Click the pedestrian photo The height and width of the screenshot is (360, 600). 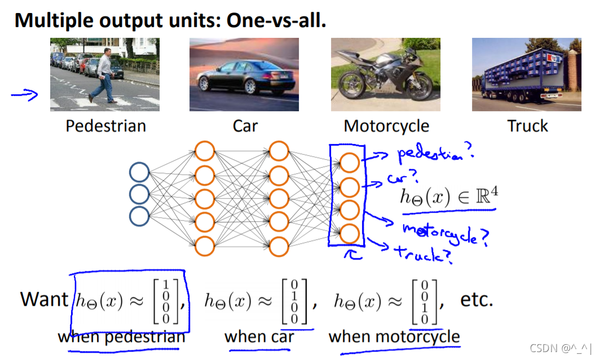click(104, 74)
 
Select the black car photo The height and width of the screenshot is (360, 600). click(243, 74)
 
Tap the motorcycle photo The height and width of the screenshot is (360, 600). click(386, 74)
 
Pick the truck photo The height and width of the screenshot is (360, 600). click(526, 74)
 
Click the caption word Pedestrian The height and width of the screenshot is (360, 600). click(105, 125)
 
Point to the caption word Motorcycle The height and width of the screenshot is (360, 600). click(386, 126)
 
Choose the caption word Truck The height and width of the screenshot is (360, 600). click(527, 125)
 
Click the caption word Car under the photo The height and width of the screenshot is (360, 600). click(245, 125)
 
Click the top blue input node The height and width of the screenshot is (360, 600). click(139, 173)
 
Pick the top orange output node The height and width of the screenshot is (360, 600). click(349, 163)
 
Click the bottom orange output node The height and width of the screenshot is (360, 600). click(349, 232)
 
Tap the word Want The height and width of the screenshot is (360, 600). click(44, 299)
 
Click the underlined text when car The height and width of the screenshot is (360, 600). click(259, 337)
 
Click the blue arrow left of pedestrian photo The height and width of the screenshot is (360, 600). click(24, 95)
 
